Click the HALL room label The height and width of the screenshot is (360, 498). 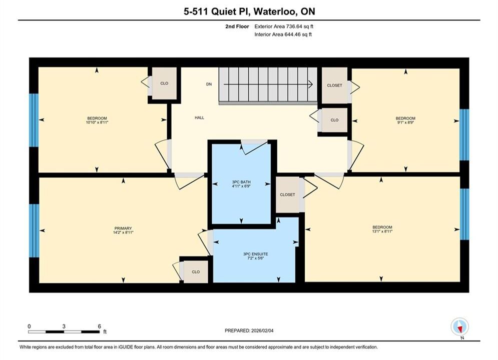(x=200, y=117)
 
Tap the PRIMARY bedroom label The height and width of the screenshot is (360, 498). (x=123, y=228)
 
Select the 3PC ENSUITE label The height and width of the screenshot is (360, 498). (x=256, y=254)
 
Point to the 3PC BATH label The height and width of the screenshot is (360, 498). (x=241, y=182)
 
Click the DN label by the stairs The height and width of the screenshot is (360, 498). (x=209, y=84)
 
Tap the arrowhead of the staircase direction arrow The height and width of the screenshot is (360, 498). (x=311, y=84)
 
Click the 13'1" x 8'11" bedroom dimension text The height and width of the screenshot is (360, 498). (x=382, y=231)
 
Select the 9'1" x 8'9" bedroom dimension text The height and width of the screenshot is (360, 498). (x=405, y=122)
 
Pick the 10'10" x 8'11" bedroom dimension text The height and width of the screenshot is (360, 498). (x=97, y=122)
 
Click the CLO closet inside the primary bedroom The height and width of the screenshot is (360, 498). (x=196, y=272)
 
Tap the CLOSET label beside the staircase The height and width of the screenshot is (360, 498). (x=334, y=85)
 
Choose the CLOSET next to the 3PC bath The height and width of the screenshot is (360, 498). (x=287, y=194)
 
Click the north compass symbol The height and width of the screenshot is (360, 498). (x=459, y=326)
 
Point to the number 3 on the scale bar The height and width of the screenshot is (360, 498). (x=64, y=326)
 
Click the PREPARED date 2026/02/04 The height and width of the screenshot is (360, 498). (x=262, y=330)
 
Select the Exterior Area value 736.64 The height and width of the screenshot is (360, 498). (x=294, y=26)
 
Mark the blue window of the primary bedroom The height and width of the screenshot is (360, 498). (x=34, y=230)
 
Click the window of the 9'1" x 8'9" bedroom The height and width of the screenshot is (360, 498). (x=464, y=135)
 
